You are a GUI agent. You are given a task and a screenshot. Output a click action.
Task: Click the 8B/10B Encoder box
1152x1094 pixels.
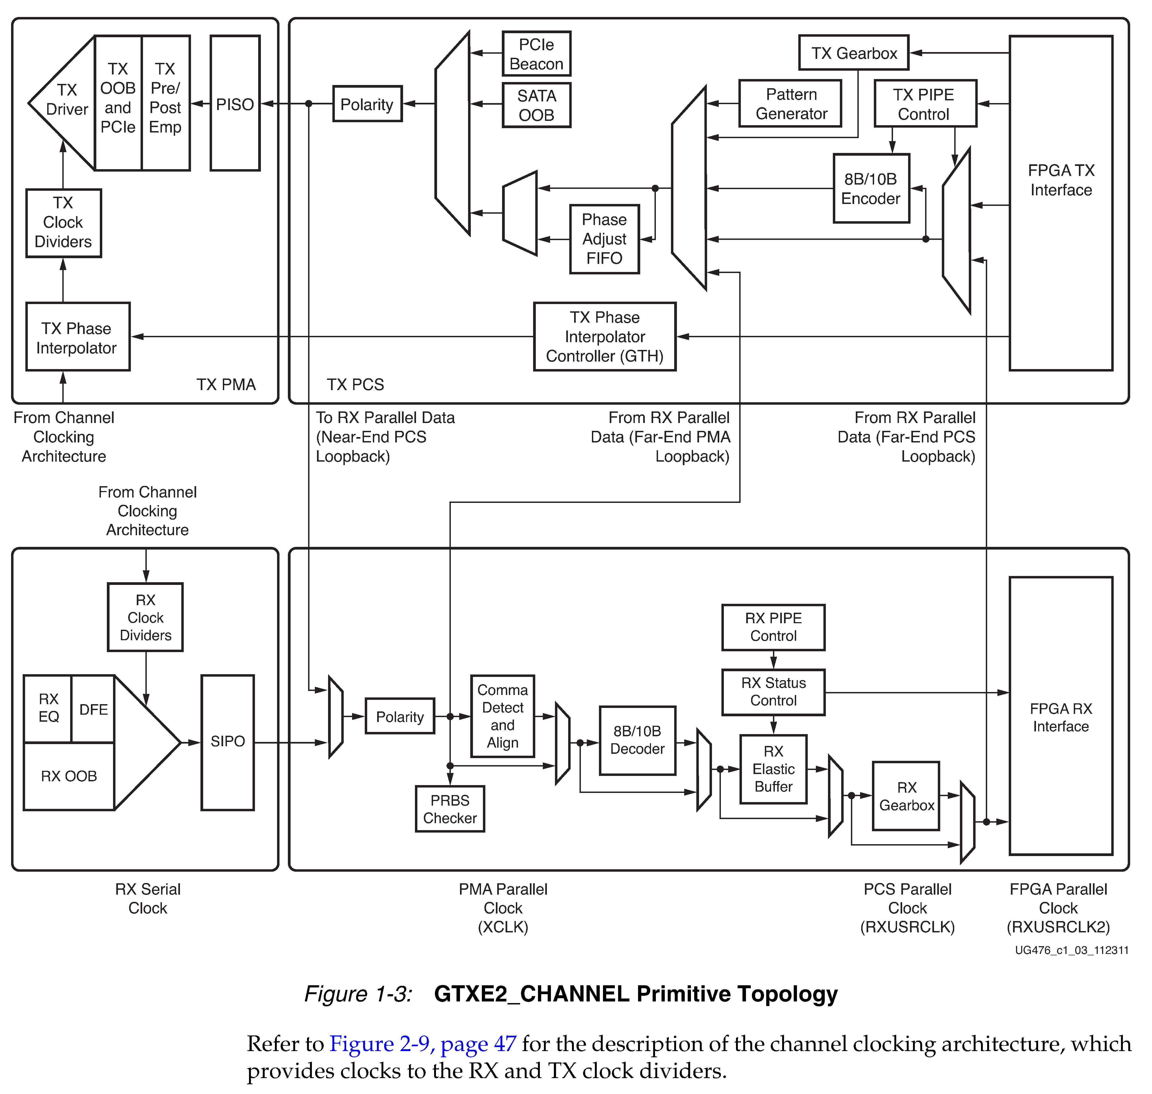click(871, 188)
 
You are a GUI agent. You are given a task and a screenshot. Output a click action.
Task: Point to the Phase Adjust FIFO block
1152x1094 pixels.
click(604, 239)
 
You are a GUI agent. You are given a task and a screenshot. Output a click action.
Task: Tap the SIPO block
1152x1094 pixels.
click(227, 742)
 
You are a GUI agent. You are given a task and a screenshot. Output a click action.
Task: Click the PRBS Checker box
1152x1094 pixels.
click(450, 809)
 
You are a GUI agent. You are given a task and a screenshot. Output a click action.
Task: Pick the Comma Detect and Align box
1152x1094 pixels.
click(502, 716)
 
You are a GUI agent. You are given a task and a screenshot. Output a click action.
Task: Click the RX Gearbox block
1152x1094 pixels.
click(906, 796)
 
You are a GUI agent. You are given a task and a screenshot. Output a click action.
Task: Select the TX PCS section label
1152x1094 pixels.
click(355, 385)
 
